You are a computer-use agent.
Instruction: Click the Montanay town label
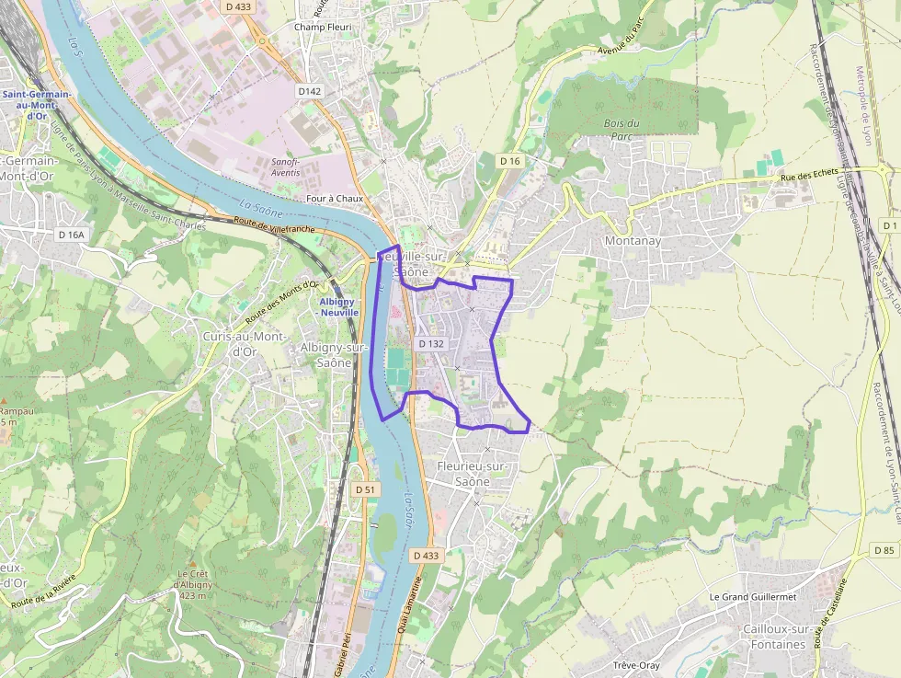pos(633,240)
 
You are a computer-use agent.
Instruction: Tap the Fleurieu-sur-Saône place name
pos(473,474)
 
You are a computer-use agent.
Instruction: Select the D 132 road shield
pos(431,343)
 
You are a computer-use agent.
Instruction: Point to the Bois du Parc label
pos(622,129)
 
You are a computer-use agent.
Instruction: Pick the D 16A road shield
pos(71,235)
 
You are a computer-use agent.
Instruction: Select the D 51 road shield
pos(366,489)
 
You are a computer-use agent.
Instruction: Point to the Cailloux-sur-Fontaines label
pos(773,637)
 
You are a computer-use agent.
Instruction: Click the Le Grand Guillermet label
pos(753,596)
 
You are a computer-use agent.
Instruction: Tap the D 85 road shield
pos(884,550)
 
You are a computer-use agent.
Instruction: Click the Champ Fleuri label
pos(323,27)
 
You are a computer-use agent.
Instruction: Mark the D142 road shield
pos(310,91)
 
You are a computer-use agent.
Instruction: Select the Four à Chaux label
pos(335,198)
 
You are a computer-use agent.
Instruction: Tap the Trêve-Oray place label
pos(636,664)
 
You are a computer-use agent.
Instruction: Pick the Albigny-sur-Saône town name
pos(332,354)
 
